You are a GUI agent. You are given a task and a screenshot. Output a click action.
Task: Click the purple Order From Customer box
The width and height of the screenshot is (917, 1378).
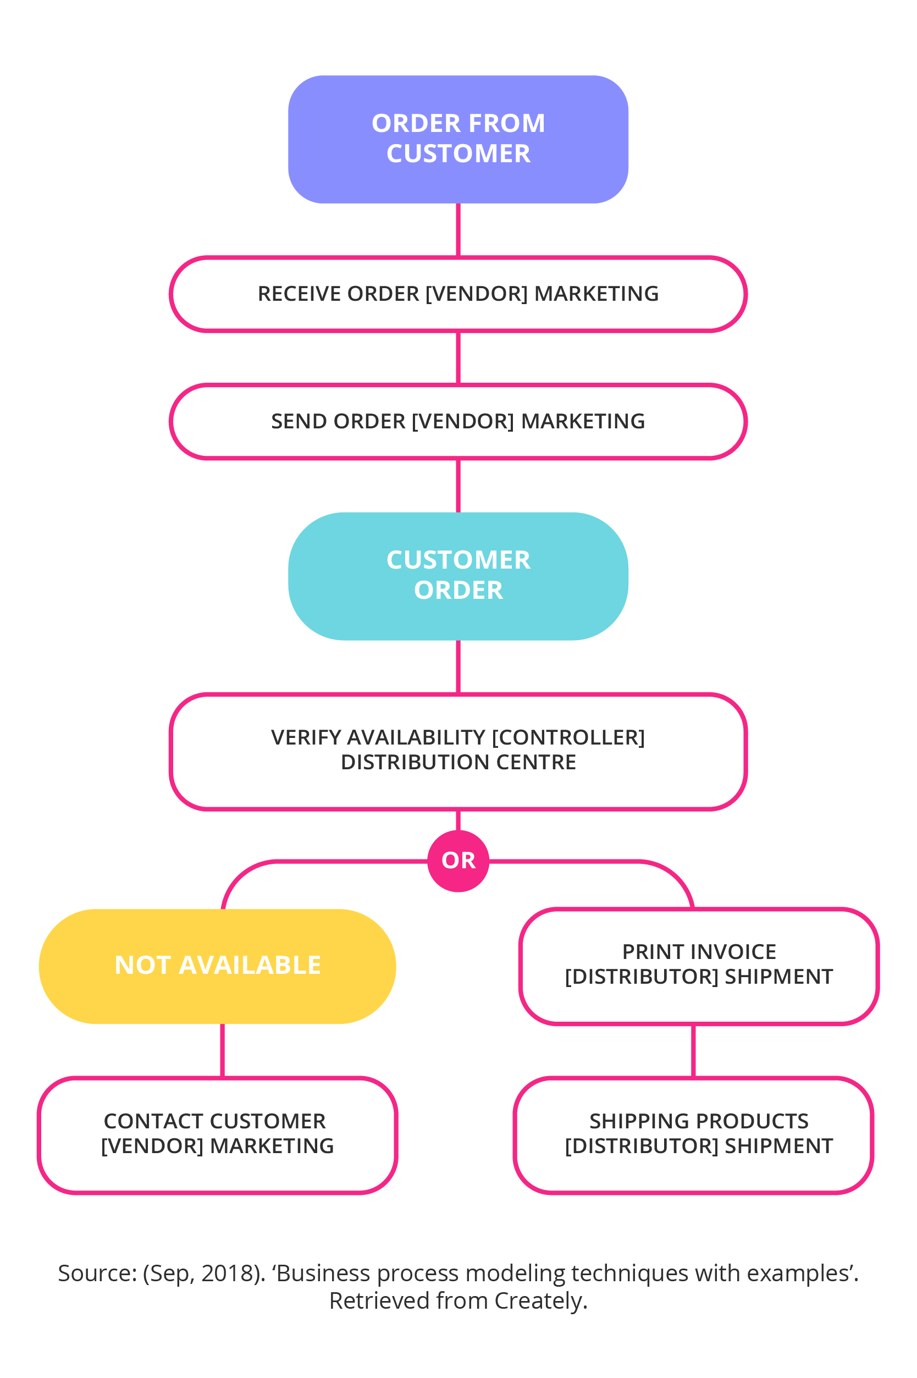click(x=458, y=139)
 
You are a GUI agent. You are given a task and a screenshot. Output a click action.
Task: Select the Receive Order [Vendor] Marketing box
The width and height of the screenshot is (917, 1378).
click(x=458, y=294)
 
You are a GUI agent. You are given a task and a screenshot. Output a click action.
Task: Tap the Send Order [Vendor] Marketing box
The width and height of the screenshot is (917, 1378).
click(x=458, y=421)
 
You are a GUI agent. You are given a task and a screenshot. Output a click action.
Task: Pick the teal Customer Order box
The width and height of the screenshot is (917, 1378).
click(x=458, y=576)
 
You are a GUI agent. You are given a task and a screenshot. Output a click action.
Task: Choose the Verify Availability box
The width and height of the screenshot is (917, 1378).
click(x=458, y=751)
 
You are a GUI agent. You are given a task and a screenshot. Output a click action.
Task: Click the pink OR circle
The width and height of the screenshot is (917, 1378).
click(x=458, y=861)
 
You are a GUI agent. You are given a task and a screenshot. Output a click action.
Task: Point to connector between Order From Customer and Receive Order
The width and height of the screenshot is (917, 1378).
click(x=458, y=229)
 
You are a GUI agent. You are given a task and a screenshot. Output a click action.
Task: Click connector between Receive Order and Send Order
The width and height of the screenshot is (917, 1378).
click(x=458, y=357)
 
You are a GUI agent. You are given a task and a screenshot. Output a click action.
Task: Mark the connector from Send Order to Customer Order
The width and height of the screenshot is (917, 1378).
click(x=458, y=486)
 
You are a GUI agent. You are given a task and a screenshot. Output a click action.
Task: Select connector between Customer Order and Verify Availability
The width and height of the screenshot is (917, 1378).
click(x=458, y=666)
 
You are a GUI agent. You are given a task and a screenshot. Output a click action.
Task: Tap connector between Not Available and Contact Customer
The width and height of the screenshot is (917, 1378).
click(x=222, y=1050)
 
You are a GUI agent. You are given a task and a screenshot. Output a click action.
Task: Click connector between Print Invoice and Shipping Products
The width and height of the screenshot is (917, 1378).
click(x=694, y=1050)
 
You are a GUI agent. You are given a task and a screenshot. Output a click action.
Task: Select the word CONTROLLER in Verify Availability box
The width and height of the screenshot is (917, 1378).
click(x=568, y=737)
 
